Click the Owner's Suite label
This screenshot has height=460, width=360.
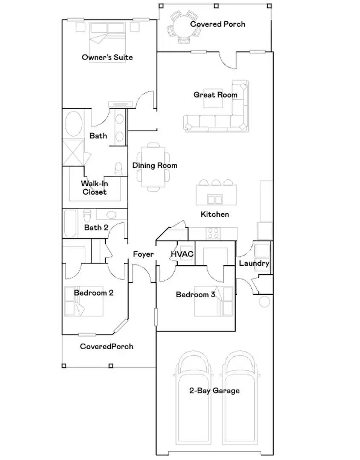(107, 57)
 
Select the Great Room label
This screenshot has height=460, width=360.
(215, 95)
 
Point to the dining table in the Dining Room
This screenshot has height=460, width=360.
(154, 166)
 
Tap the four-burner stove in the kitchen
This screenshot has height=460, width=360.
(213, 233)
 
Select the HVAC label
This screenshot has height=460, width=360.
(182, 254)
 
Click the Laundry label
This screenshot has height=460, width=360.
(254, 263)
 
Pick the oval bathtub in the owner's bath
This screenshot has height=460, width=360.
(73, 124)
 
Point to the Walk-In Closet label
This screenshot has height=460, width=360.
(95, 188)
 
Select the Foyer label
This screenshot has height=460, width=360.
(143, 254)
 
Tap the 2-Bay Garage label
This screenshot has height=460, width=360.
(214, 391)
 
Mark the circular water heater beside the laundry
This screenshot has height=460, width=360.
(265, 302)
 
